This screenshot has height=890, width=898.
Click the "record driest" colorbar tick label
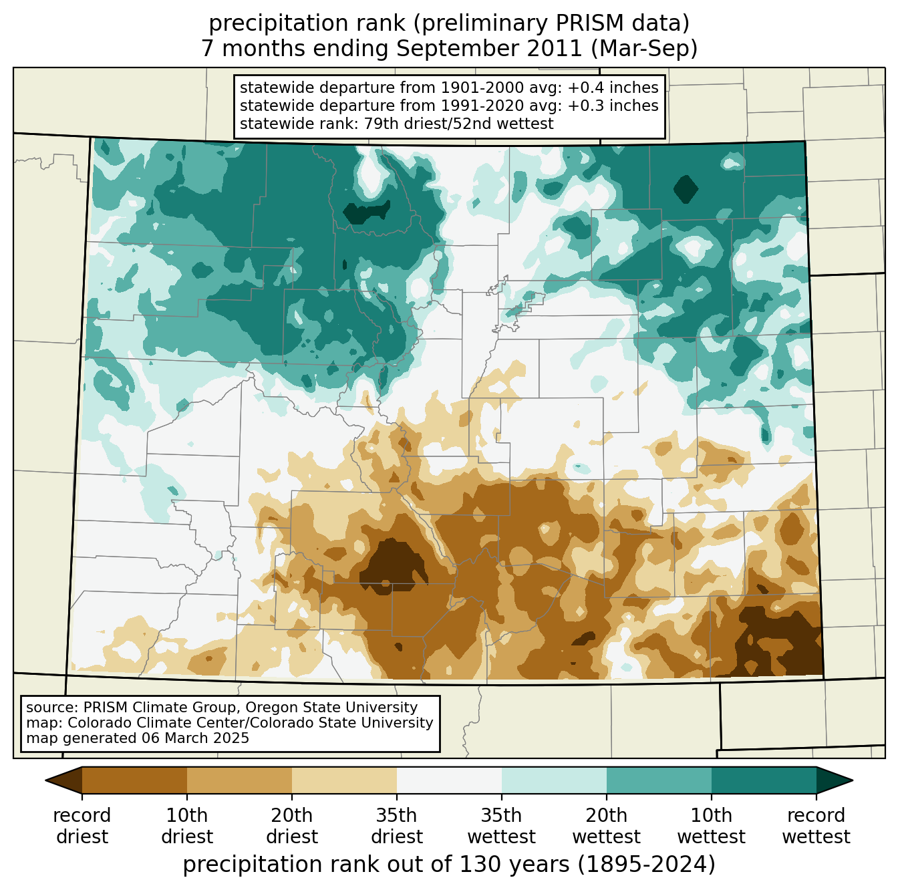[x=82, y=826]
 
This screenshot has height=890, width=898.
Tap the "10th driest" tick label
[x=187, y=826]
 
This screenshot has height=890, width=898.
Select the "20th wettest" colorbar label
[x=606, y=826]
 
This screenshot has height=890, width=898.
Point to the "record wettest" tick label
[x=816, y=826]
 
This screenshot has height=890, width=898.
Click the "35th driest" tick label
[x=397, y=826]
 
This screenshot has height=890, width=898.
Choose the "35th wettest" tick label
[x=501, y=826]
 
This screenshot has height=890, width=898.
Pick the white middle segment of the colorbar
[x=449, y=780]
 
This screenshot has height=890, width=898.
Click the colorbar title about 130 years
[x=449, y=865]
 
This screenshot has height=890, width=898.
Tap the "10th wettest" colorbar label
[x=711, y=826]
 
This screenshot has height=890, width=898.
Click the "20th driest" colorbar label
[x=292, y=826]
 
